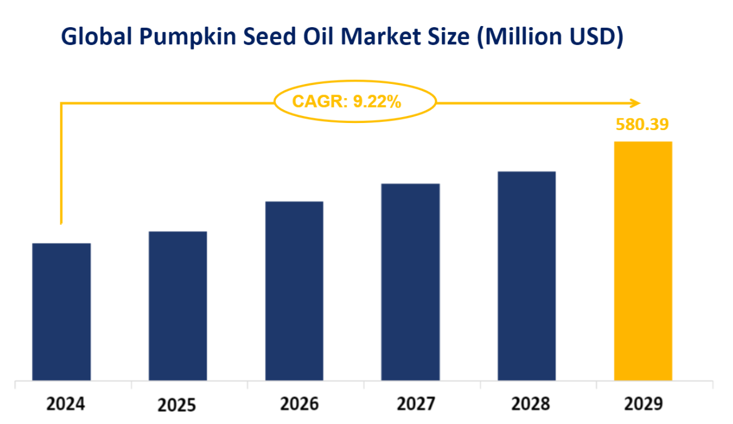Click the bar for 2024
coord(61,311)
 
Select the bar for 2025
coord(178,305)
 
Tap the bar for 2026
coord(294,290)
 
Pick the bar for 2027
coord(411,281)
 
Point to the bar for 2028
coord(527,276)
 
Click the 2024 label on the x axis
coord(66,404)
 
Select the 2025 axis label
coord(177,406)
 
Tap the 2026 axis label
coord(299,404)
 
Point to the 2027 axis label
coord(415,404)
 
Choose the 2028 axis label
coord(531,404)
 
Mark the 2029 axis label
coord(644,404)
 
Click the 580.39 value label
coord(642,125)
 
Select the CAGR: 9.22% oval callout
coord(355,102)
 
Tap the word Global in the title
coord(96,37)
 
